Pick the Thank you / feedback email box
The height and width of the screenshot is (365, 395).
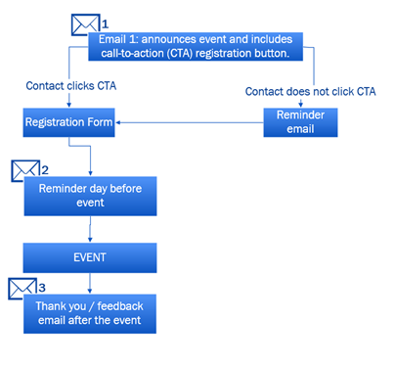click(89, 313)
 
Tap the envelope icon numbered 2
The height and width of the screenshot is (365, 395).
click(24, 170)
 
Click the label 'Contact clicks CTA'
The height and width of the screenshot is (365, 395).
click(69, 86)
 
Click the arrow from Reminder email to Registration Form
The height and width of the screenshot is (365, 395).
click(191, 123)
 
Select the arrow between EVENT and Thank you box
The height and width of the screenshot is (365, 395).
click(90, 282)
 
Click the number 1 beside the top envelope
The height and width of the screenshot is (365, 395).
click(106, 22)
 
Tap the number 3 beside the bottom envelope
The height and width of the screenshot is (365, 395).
click(41, 287)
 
